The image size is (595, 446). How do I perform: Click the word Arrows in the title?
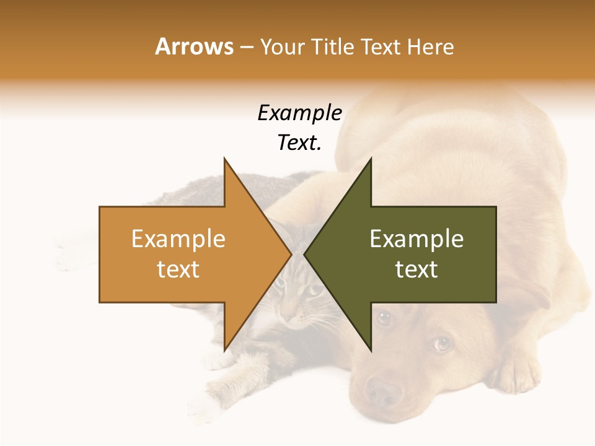pyautogui.click(x=194, y=46)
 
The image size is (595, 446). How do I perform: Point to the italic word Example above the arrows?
pyautogui.click(x=299, y=113)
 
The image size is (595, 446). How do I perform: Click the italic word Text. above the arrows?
pyautogui.click(x=299, y=142)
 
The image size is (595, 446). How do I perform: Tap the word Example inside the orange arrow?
pyautogui.click(x=178, y=238)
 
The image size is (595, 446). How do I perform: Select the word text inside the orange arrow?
pyautogui.click(x=178, y=269)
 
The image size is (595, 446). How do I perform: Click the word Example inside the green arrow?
pyautogui.click(x=416, y=238)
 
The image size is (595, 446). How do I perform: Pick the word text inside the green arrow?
pyautogui.click(x=416, y=269)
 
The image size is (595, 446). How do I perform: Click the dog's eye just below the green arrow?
pyautogui.click(x=384, y=318)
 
